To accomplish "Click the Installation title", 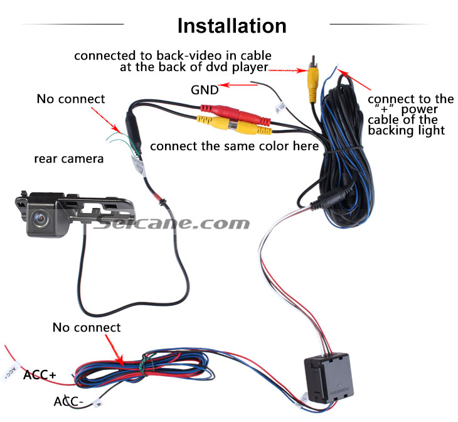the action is (x=232, y=26).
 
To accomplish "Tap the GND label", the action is (x=205, y=90).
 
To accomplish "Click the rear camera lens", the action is (x=40, y=217).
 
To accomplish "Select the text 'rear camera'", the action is (x=69, y=159).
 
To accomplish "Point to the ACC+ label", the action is (x=40, y=375).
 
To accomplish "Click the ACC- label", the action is (x=68, y=401).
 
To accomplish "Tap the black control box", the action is (x=328, y=378).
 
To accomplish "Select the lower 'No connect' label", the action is (x=87, y=328).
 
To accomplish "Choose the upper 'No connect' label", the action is (x=71, y=99).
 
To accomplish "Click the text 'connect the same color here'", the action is (x=234, y=146).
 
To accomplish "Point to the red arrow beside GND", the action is (x=238, y=85).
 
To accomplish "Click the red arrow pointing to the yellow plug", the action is (x=288, y=70).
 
